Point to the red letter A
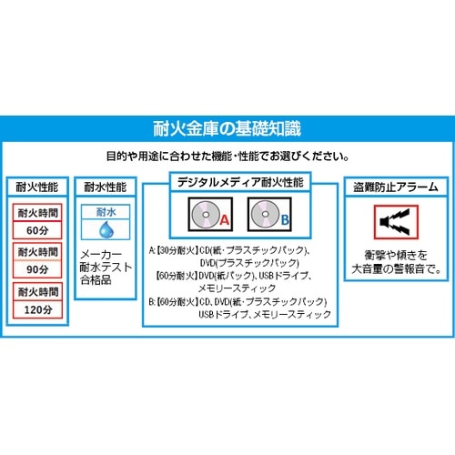(225, 220)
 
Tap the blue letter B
(285, 220)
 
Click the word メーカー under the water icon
(103, 257)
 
